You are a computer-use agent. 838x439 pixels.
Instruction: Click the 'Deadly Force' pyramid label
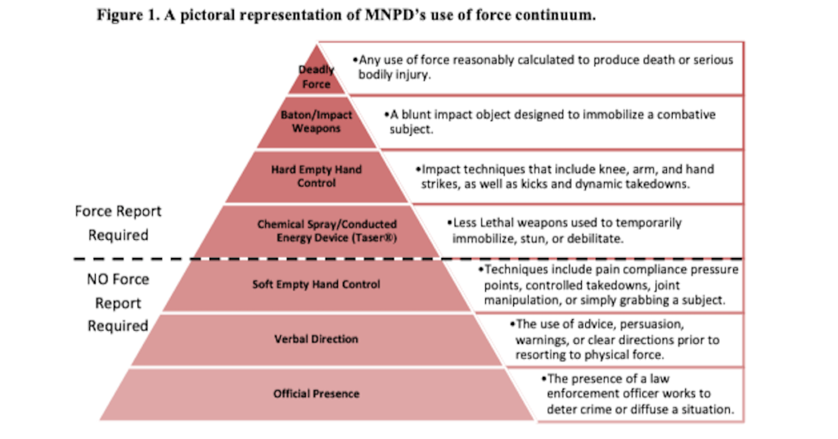pos(316,77)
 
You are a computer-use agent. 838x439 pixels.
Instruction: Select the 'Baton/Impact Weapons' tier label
pos(316,122)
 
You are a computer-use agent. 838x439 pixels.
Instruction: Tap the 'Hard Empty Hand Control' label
pos(316,176)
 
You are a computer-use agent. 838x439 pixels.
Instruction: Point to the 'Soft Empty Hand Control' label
pos(316,285)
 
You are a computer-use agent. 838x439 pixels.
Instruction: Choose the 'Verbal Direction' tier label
pos(316,339)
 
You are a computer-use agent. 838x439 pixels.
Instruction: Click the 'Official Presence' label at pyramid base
pos(316,394)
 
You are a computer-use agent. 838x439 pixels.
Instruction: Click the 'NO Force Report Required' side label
pos(118,302)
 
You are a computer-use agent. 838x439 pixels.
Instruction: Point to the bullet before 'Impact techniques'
pos(417,170)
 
